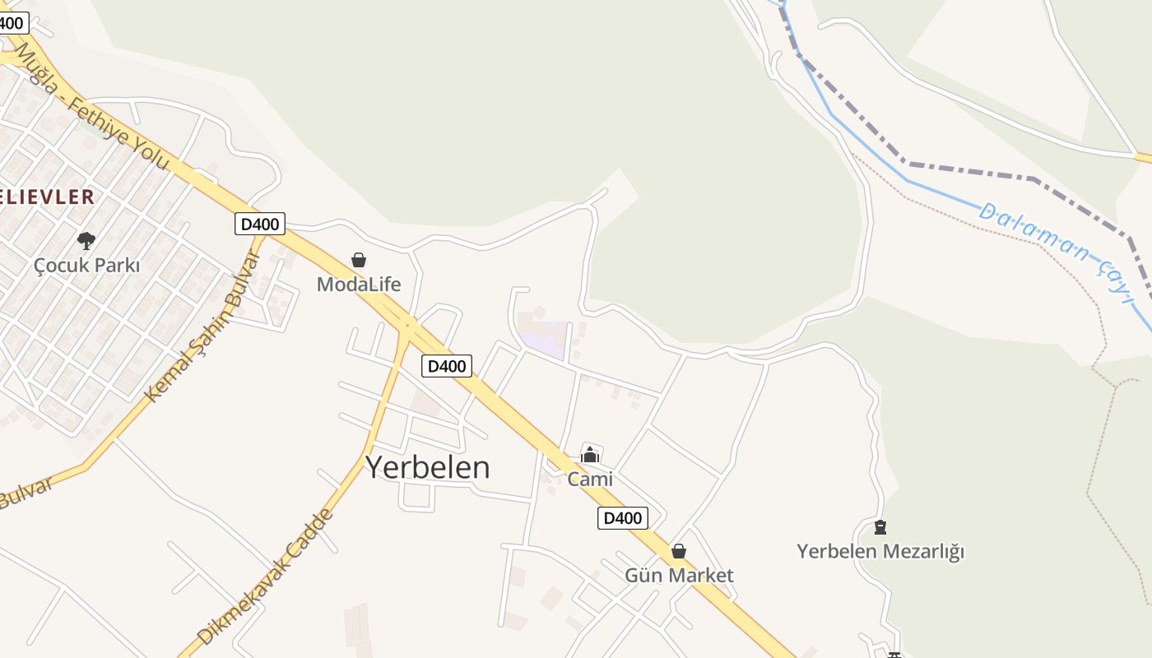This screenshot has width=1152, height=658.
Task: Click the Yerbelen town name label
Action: pyautogui.click(x=427, y=467)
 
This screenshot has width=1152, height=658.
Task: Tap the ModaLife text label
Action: pyautogui.click(x=359, y=285)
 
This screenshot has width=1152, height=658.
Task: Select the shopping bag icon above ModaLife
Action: pyautogui.click(x=359, y=260)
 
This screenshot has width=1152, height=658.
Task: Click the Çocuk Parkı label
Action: pyautogui.click(x=86, y=266)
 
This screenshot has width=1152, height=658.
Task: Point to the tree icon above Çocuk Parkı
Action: pyautogui.click(x=86, y=241)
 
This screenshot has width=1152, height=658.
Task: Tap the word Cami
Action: pyautogui.click(x=590, y=479)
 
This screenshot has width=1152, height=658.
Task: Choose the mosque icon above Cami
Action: pyautogui.click(x=590, y=454)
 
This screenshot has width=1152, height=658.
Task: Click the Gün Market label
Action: pyautogui.click(x=679, y=575)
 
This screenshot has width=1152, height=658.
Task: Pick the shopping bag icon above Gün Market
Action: pyautogui.click(x=679, y=550)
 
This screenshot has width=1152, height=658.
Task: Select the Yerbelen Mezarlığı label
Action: pyautogui.click(x=880, y=551)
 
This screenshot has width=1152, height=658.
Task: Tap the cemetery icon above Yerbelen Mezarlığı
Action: pyautogui.click(x=880, y=526)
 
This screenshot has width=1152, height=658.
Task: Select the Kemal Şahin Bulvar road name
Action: pyautogui.click(x=202, y=327)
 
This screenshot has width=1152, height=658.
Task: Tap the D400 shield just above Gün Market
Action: pyautogui.click(x=622, y=518)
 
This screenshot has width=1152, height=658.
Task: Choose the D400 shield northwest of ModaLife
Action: pyautogui.click(x=260, y=224)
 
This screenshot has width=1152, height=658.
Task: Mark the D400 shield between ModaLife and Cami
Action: pyautogui.click(x=447, y=366)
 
